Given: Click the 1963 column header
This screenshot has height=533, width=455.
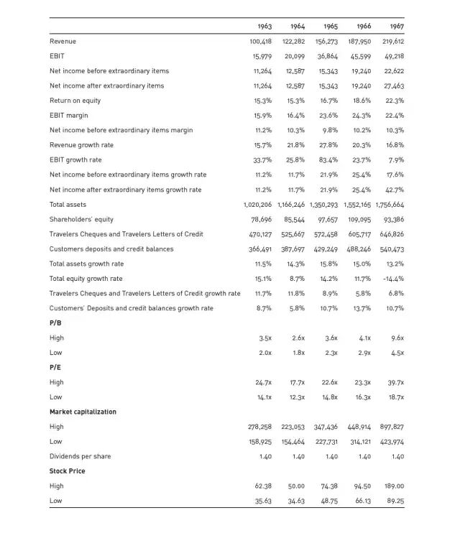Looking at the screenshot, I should point(263,27).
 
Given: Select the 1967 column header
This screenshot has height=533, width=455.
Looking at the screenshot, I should point(397,27).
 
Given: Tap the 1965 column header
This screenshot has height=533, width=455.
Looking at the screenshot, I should point(329,27).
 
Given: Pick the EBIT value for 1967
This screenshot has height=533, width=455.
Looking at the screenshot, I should point(392,56).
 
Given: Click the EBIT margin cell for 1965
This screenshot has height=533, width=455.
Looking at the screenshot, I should point(328,116).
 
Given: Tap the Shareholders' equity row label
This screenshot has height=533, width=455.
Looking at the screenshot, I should point(81,219).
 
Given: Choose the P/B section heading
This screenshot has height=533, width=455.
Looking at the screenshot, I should point(55,323).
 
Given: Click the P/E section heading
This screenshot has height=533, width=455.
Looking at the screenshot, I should point(55,367).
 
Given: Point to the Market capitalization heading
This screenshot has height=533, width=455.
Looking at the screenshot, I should point(83,412).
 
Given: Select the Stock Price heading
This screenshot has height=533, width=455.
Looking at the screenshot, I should point(67,471).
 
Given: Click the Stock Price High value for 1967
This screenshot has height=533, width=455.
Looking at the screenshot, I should point(395,486).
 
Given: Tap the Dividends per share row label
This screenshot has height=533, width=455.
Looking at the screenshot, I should point(81,456).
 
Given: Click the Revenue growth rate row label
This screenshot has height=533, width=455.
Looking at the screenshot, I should point(81,145).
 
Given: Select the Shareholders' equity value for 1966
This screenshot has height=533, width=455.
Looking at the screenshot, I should point(359,219).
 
